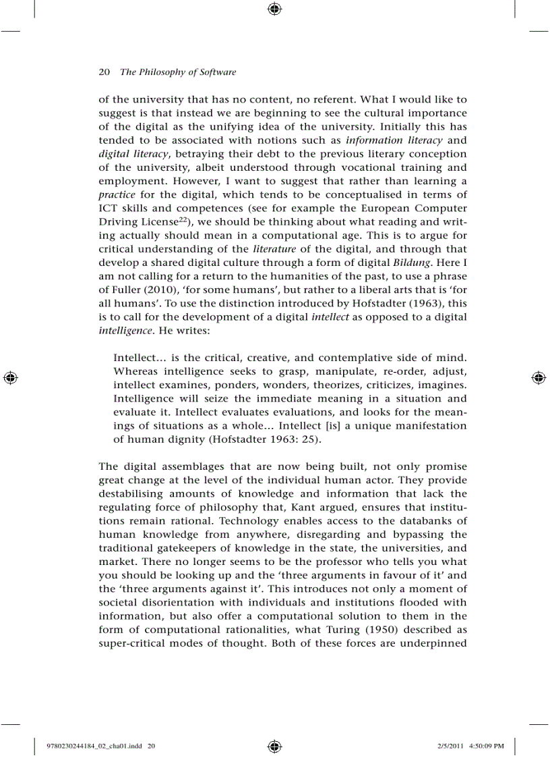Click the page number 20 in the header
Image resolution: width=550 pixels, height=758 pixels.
click(104, 72)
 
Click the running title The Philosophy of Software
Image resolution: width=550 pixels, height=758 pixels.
click(178, 72)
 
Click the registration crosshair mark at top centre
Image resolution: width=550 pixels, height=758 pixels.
click(274, 9)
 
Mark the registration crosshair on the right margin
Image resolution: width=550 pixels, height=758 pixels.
click(539, 377)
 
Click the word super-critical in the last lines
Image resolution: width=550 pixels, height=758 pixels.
click(131, 643)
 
